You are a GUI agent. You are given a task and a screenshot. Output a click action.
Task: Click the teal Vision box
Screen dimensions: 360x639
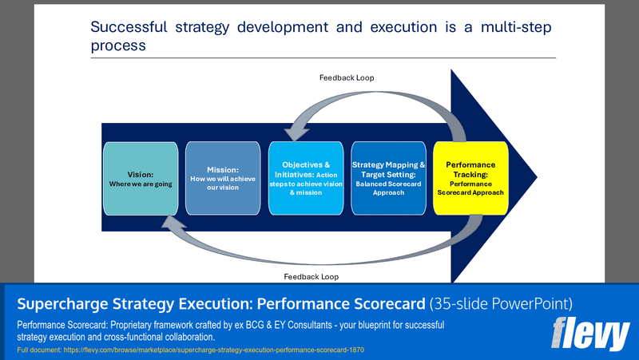[140, 178]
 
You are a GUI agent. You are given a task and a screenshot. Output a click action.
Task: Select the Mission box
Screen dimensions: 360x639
[223, 178]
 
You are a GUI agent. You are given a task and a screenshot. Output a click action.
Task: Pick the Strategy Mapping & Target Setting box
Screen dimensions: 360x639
[388, 178]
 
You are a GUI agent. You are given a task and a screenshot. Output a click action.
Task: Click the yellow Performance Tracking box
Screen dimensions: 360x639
[470, 178]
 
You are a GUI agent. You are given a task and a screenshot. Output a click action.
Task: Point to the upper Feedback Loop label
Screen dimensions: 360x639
[347, 77]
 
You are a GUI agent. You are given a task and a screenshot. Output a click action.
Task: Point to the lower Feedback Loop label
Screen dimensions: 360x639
[311, 276]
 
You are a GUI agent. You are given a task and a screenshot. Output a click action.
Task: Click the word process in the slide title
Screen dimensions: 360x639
[117, 45]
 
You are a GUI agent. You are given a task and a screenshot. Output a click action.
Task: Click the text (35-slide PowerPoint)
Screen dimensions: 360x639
[501, 304]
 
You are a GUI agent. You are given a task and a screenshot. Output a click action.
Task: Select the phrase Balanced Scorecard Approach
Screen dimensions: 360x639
[388, 188]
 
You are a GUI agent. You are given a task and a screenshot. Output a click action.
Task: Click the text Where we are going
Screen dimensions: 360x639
[140, 184]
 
